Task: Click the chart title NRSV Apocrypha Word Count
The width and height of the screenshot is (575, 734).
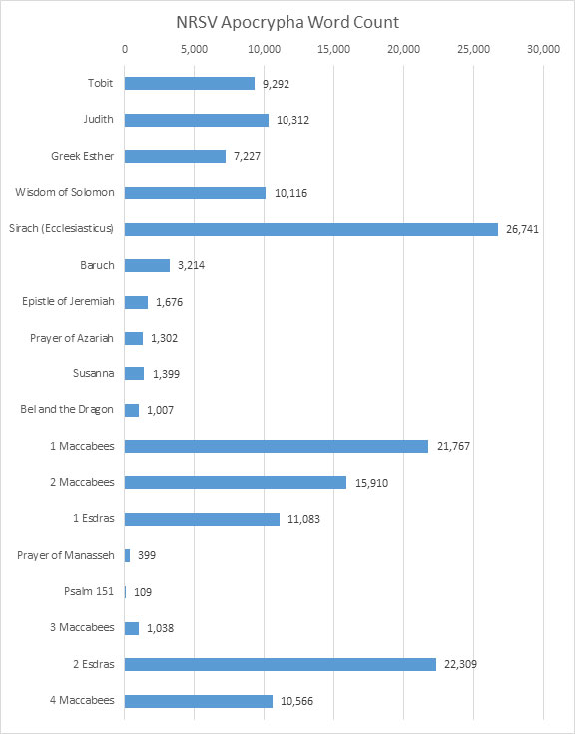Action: pos(287,22)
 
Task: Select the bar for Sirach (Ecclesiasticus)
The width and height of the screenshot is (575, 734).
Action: pos(310,229)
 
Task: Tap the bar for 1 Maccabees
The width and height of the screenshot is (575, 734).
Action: pos(276,446)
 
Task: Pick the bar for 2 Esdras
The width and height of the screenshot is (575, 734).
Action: pos(280,664)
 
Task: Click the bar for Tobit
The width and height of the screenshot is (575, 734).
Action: pos(189,83)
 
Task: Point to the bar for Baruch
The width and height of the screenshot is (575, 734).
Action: pos(147,265)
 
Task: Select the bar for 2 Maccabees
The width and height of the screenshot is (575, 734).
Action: pos(235,482)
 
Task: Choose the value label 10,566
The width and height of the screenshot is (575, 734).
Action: pos(297,701)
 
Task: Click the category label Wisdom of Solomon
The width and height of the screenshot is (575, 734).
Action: pos(65,192)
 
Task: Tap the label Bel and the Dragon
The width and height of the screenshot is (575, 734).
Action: pos(67,409)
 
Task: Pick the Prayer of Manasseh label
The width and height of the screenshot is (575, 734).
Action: pos(67,555)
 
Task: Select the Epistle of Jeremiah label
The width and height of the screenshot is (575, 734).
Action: pos(68,301)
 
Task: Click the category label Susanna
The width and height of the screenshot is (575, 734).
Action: pos(92,373)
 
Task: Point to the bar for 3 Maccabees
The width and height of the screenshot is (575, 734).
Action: pos(132,628)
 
